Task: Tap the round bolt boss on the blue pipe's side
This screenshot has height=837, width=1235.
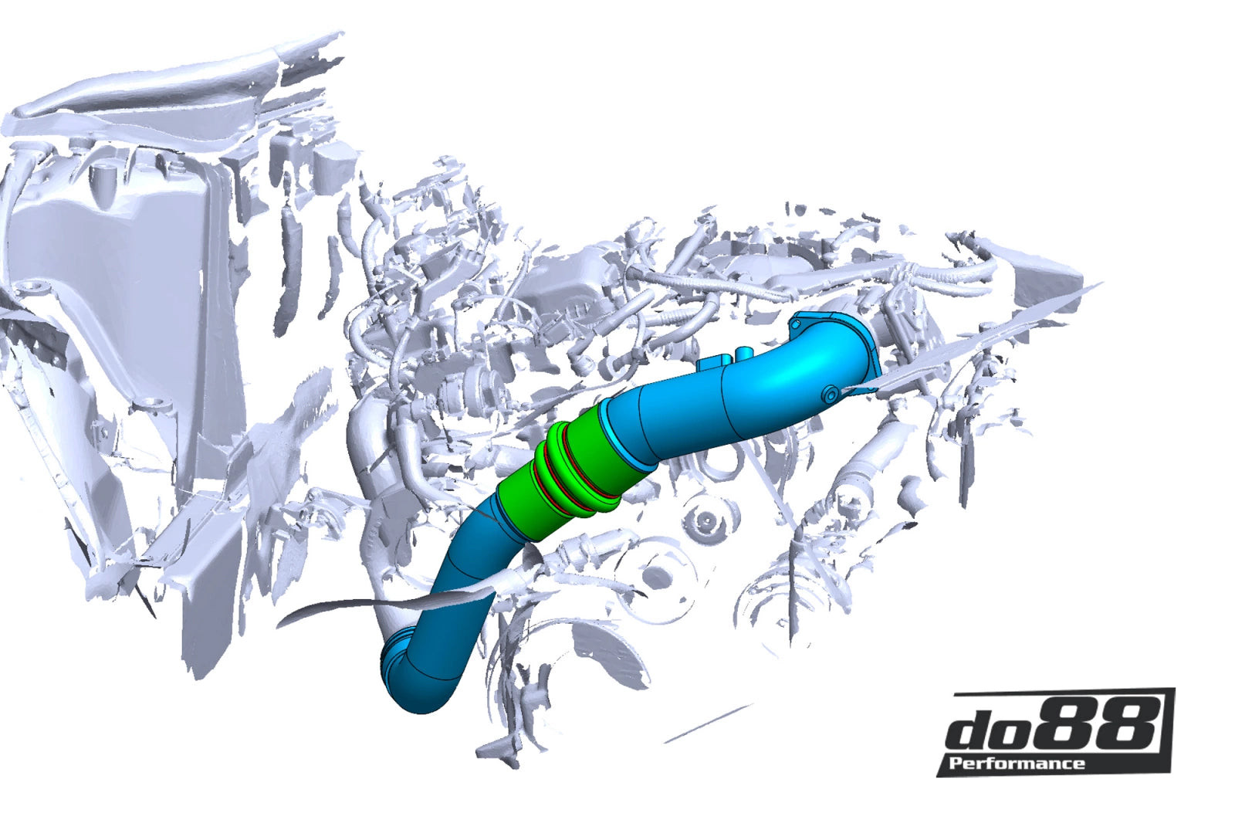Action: click(x=829, y=395)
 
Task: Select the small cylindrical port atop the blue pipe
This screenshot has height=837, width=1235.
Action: click(x=743, y=354)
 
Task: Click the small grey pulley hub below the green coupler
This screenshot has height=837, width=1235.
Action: click(x=702, y=519)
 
